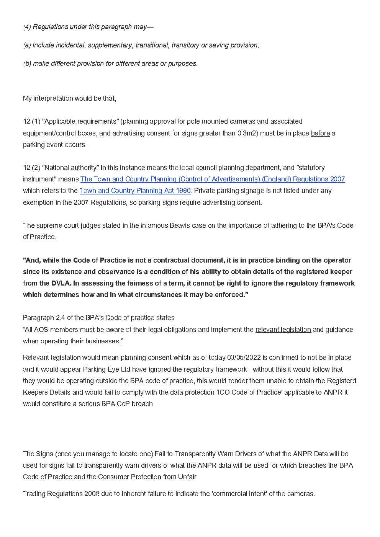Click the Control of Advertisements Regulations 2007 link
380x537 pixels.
[213, 179]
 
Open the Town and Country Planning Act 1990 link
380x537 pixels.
[135, 191]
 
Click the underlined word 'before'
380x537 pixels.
[320, 133]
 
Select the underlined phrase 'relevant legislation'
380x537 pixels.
[283, 330]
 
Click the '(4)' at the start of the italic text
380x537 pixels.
[27, 27]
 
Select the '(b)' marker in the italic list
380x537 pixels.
[27, 64]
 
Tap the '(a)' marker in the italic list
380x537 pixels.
[27, 45]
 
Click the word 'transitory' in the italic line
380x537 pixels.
[185, 45]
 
